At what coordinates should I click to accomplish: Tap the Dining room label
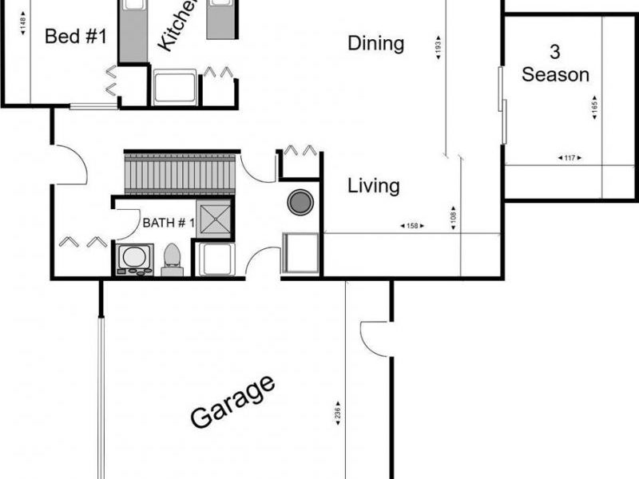(x=375, y=43)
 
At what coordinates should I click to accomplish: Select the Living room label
(x=373, y=186)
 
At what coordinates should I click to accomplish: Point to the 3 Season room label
(x=555, y=64)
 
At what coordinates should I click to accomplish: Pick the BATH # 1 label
(x=169, y=223)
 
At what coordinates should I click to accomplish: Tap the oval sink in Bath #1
(x=134, y=258)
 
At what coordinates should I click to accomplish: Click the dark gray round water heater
(x=300, y=202)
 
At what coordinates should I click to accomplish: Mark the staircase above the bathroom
(x=181, y=174)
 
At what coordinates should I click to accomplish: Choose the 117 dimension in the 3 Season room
(x=570, y=158)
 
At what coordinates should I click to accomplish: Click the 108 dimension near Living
(x=454, y=218)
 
